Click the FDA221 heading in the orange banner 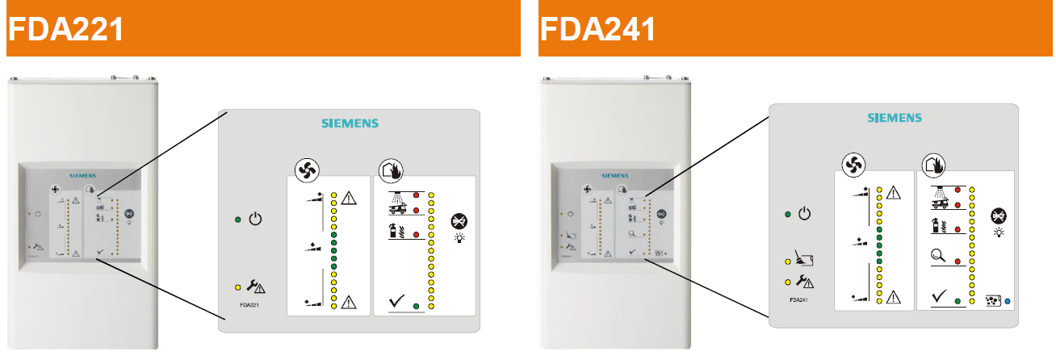click(65, 29)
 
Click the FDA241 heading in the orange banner click(597, 29)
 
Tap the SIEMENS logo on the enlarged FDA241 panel click(894, 119)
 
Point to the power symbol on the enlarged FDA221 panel click(255, 218)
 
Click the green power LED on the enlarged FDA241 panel click(787, 215)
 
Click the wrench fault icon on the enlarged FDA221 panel click(257, 286)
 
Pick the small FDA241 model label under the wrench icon click(800, 299)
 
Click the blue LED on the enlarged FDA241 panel click(1008, 300)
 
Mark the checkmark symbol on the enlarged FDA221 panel click(396, 303)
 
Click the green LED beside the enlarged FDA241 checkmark click(958, 299)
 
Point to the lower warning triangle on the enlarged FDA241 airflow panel click(893, 297)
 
